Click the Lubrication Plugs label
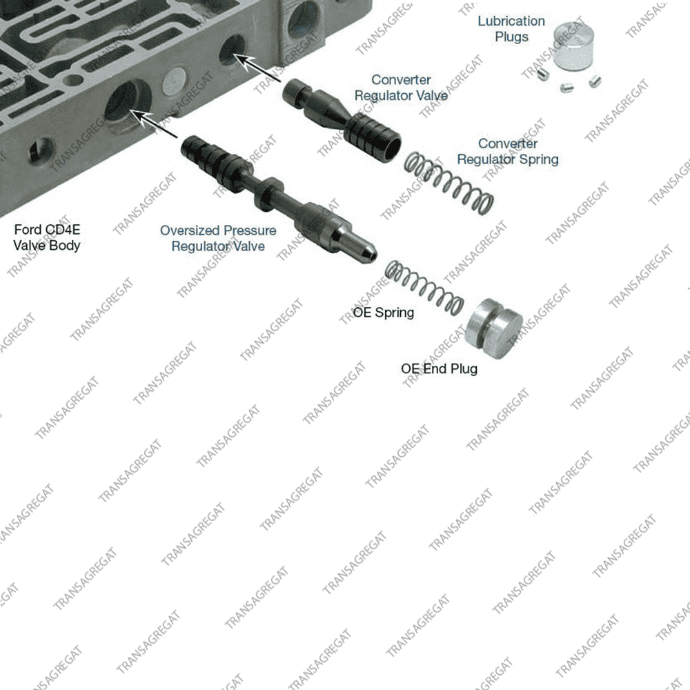pos(511,29)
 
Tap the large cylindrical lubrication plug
pos(573,46)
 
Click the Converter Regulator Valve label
pos(401,88)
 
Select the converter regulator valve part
pos(342,119)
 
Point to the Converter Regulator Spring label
pos(508,151)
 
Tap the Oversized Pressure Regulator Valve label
pos(218,238)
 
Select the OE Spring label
pos(383,313)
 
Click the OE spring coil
pos(424,288)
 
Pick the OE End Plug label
pos(439,368)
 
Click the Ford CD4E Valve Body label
pos(47,237)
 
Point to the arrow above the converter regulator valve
pos(257,68)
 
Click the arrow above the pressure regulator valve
pos(154,124)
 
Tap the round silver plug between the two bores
pos(175,81)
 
